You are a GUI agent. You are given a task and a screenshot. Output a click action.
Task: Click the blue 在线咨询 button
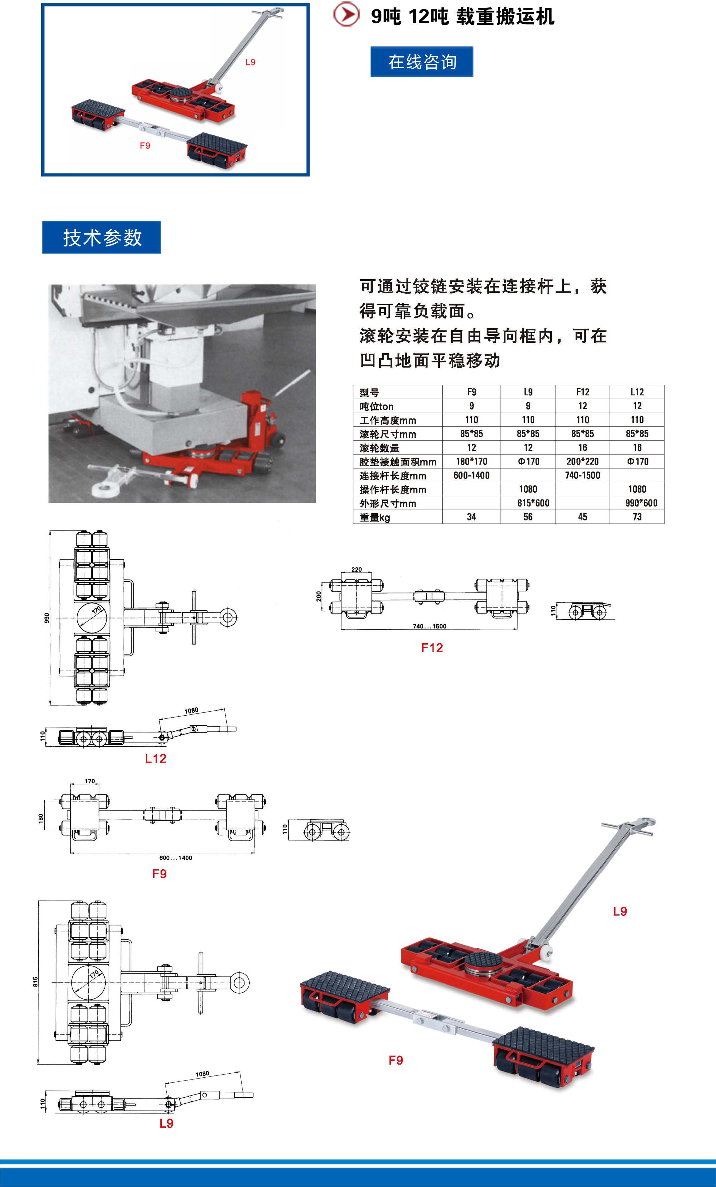(x=422, y=62)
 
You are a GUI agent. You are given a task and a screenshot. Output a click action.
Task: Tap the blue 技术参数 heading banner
(x=102, y=237)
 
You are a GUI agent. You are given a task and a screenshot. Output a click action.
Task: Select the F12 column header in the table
(x=583, y=392)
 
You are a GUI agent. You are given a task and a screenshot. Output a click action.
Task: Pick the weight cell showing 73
(x=637, y=517)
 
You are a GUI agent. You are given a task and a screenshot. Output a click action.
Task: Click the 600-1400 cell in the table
(x=471, y=475)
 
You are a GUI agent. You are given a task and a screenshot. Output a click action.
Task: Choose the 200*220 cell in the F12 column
(x=583, y=461)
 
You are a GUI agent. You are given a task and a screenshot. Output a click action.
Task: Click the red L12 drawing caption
(x=155, y=759)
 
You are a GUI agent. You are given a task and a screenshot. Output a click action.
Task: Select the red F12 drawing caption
(x=432, y=648)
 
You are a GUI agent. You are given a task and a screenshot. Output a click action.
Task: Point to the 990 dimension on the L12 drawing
(x=46, y=618)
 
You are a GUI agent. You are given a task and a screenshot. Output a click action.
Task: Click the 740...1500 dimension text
(x=429, y=626)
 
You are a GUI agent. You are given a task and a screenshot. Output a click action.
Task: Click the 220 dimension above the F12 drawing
(x=356, y=569)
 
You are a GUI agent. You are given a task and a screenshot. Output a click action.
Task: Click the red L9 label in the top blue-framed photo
(x=250, y=62)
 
